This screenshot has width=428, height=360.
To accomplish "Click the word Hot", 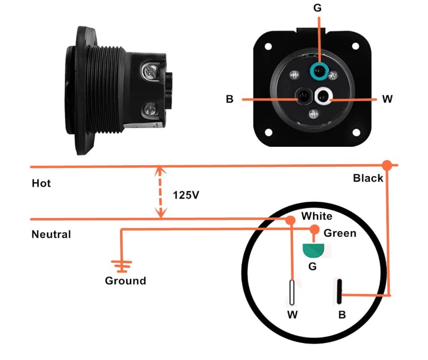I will [41, 183].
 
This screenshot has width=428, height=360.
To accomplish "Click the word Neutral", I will [51, 234].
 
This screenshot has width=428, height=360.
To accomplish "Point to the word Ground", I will [125, 281].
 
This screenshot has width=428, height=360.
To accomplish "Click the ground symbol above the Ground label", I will [122, 266].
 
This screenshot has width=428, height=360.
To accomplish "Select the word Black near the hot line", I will [368, 178].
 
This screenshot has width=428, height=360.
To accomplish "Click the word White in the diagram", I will [317, 216].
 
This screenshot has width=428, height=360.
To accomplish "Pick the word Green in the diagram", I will [339, 233].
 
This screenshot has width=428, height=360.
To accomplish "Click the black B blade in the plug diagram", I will [340, 292].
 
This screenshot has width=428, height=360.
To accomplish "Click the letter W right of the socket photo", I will [387, 99].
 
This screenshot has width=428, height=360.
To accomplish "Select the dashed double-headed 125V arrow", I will [161, 192].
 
